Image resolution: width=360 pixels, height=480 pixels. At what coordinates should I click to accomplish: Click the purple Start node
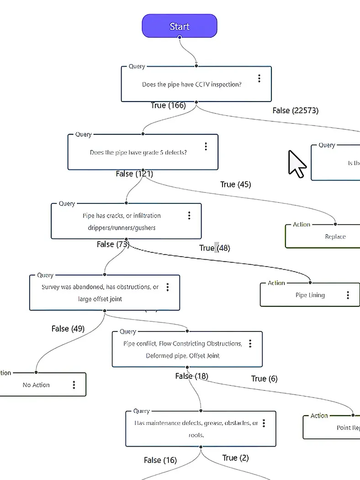(179, 26)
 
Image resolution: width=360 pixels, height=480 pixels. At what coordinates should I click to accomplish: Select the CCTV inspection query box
(192, 85)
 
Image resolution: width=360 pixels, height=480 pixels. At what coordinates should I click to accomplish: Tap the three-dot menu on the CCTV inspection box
(259, 78)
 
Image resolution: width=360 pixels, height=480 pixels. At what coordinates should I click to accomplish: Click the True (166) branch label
(168, 106)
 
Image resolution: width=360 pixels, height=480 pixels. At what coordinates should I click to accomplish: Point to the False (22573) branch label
(295, 110)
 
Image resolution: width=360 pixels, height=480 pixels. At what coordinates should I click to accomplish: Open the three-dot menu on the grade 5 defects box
(206, 146)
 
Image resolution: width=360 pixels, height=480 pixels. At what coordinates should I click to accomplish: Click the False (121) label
(134, 174)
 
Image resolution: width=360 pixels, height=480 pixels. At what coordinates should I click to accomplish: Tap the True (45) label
(235, 184)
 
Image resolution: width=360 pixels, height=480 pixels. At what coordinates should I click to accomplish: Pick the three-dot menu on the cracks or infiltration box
(189, 215)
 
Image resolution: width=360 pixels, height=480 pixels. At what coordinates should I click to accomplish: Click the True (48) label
(214, 248)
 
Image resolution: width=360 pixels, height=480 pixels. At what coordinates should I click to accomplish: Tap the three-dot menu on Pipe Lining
(348, 295)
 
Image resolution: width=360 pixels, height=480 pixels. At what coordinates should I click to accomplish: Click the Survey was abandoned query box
(100, 293)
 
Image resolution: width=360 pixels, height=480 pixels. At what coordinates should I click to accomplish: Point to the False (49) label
(68, 329)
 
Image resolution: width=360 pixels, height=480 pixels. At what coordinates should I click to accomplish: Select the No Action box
(37, 385)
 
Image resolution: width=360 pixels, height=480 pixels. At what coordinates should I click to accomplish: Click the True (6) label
(264, 379)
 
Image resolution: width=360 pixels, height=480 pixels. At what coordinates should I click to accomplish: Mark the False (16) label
(160, 460)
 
